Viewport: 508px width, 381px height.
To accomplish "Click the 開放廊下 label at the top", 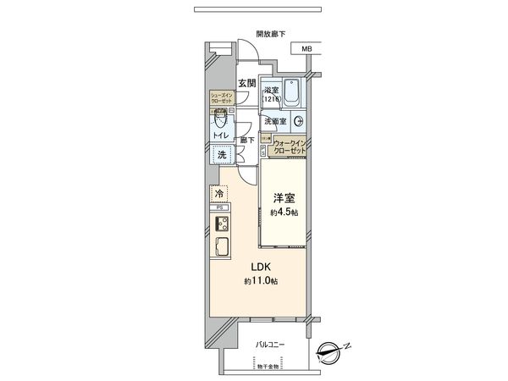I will pos(271,35).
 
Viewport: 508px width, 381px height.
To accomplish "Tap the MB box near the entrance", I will pos(306,49).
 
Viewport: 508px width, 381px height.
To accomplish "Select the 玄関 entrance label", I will pos(246,82).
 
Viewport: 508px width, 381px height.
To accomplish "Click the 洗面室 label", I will pos(274,121).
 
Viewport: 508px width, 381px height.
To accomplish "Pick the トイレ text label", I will pos(219,134).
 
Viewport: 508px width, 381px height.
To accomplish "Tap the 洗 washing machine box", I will pos(220,155).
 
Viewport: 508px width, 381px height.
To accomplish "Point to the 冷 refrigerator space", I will pos(218,192).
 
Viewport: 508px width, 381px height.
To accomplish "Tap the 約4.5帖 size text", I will pos(284,212).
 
